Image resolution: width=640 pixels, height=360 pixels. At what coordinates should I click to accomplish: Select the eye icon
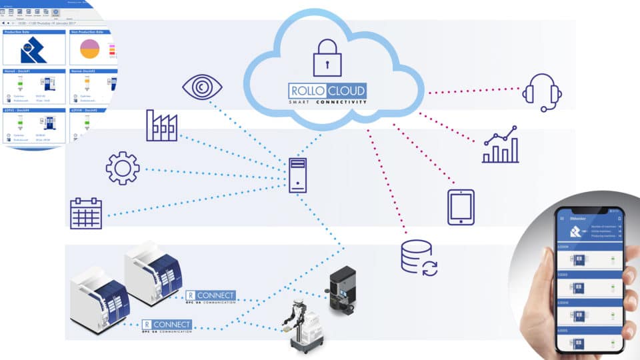pyautogui.click(x=202, y=88)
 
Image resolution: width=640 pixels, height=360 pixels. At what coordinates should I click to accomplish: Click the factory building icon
pyautogui.click(x=162, y=125)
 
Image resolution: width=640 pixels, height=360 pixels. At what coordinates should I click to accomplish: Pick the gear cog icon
pyautogui.click(x=123, y=168)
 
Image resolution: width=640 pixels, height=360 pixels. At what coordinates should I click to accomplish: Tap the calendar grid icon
pyautogui.click(x=86, y=213)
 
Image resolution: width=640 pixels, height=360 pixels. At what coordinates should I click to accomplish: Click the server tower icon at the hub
pyautogui.click(x=298, y=175)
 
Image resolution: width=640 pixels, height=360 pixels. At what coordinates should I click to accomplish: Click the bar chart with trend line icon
pyautogui.click(x=500, y=145)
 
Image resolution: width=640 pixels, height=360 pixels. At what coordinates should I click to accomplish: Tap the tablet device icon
pyautogui.click(x=461, y=207)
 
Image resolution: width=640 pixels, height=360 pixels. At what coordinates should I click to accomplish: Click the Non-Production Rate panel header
pyautogui.click(x=90, y=31)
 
